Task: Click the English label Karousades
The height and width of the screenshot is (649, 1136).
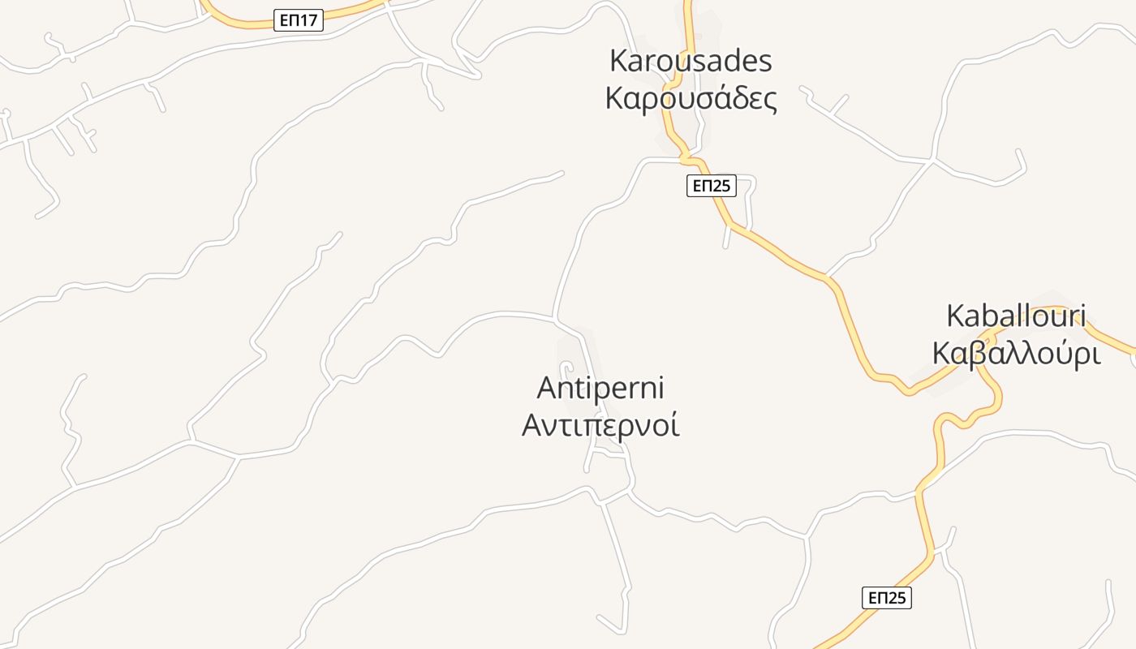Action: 691,61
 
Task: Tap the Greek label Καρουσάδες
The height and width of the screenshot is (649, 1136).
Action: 691,98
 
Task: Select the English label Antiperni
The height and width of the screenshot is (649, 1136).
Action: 600,389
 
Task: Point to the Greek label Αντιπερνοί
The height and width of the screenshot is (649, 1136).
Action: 600,424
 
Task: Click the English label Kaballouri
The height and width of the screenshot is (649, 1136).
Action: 1016,316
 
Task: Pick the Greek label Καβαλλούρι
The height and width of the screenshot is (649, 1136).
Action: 1016,354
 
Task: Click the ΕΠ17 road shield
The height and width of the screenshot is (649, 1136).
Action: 299,20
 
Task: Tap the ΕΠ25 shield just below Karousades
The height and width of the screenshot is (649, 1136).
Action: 711,186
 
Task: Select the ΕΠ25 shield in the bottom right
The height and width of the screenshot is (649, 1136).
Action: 886,598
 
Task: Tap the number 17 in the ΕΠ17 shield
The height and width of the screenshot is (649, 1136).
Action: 308,20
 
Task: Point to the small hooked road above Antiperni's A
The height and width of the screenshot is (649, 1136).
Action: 566,367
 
